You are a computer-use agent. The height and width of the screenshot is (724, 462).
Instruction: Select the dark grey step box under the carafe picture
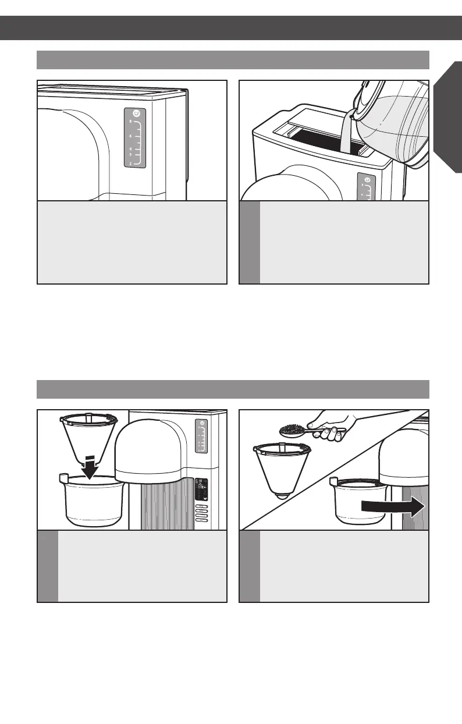click(x=250, y=242)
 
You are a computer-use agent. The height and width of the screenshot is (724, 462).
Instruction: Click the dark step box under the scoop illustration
click(x=250, y=566)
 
